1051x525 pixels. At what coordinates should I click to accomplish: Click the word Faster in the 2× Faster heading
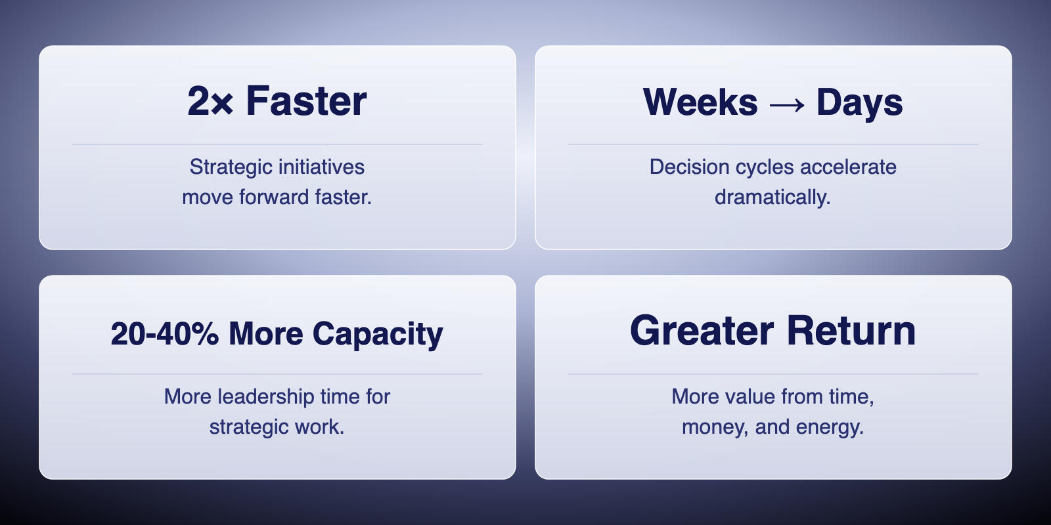[306, 101]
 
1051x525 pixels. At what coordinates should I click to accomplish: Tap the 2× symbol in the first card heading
[210, 101]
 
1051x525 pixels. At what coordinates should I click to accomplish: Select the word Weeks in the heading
[700, 102]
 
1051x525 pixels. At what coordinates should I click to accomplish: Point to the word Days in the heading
[860, 103]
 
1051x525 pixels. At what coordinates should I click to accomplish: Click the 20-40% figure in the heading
[165, 334]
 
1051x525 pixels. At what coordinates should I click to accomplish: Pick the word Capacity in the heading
[378, 335]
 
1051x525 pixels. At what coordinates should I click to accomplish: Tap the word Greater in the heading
[702, 331]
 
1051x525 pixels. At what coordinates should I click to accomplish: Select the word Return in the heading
[851, 331]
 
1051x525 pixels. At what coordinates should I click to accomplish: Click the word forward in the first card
[274, 198]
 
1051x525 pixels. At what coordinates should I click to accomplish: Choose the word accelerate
[848, 167]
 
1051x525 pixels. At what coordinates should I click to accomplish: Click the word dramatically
[772, 198]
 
